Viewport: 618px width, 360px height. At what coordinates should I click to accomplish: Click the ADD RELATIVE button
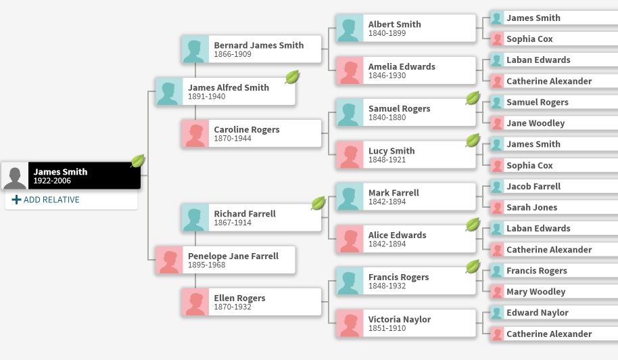(x=45, y=200)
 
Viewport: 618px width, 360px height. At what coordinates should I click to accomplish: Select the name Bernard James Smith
(x=258, y=45)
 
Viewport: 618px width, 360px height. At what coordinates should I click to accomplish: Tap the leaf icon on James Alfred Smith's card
(x=292, y=77)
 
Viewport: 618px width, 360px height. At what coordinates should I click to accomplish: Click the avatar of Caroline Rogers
(x=195, y=133)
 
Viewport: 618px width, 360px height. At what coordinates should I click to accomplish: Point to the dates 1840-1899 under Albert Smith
(x=387, y=33)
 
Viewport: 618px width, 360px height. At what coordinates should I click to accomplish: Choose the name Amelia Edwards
(x=402, y=66)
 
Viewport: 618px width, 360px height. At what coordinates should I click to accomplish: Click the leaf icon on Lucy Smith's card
(x=473, y=141)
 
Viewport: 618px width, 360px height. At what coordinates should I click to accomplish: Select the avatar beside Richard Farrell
(x=195, y=218)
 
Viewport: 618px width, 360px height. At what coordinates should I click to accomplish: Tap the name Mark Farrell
(x=394, y=193)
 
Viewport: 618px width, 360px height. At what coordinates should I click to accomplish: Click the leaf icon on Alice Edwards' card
(x=473, y=225)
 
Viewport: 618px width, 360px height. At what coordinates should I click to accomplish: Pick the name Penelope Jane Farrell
(x=233, y=256)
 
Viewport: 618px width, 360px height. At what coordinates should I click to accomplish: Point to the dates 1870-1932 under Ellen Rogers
(x=233, y=307)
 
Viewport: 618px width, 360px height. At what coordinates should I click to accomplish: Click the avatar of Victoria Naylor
(x=350, y=323)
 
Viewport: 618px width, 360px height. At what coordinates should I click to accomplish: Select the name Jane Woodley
(x=536, y=123)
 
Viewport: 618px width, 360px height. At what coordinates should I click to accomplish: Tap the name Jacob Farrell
(x=533, y=186)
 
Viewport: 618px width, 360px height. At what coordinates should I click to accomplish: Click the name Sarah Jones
(x=531, y=207)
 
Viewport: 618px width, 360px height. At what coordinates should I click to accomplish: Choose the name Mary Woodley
(x=536, y=292)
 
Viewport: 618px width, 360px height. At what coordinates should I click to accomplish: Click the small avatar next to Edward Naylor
(x=497, y=313)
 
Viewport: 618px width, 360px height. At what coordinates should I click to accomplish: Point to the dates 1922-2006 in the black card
(x=51, y=181)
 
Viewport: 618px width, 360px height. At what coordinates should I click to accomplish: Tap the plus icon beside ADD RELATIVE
(x=17, y=200)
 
